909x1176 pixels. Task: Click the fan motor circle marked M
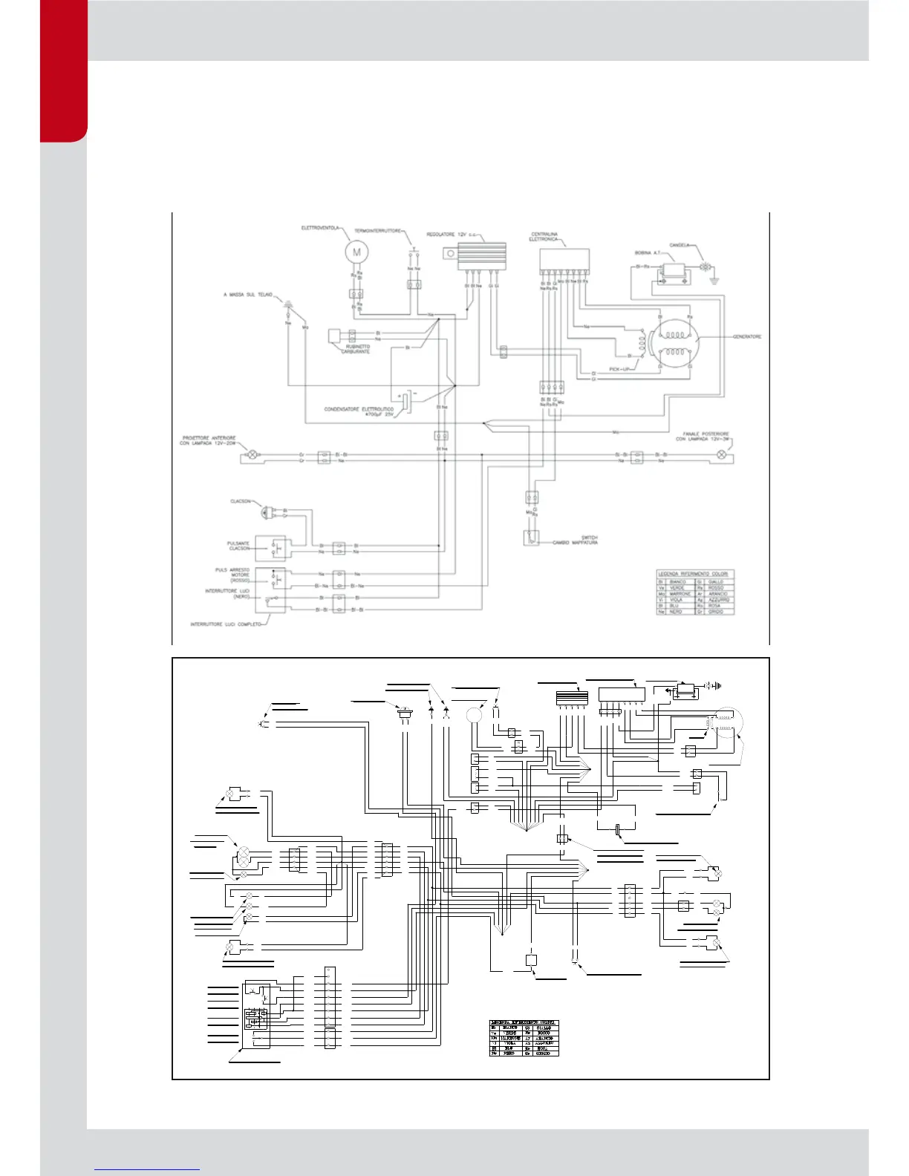356,252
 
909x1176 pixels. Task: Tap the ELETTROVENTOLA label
320,228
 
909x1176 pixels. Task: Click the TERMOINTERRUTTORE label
377,231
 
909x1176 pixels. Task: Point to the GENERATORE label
747,337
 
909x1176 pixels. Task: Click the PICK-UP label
619,369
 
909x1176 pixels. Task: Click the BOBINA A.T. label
648,253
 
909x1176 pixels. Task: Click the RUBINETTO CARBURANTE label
356,349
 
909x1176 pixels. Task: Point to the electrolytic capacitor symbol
406,401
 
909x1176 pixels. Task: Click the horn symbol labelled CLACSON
264,512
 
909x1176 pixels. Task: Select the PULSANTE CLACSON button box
270,548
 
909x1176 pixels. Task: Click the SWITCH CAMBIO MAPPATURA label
576,540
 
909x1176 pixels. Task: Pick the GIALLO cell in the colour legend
715,582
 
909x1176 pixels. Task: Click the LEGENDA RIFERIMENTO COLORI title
694,574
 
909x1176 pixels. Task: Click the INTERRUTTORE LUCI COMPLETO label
226,624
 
